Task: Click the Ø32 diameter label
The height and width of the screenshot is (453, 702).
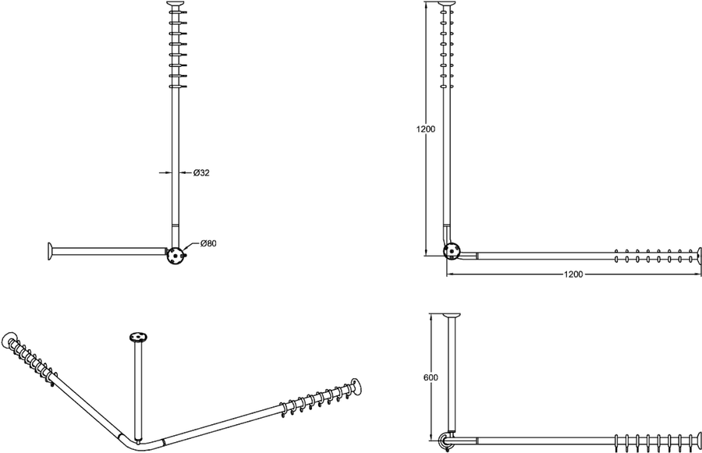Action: tap(201, 173)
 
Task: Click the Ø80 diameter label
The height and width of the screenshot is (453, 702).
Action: tap(208, 243)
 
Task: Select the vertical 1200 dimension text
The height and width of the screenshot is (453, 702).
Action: tap(425, 129)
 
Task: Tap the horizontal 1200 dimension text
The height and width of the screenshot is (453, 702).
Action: tap(573, 274)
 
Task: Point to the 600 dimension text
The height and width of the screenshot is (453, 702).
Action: tap(431, 377)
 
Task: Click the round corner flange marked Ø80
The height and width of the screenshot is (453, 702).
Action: tap(175, 256)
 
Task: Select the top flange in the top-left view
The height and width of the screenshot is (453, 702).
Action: tap(175, 5)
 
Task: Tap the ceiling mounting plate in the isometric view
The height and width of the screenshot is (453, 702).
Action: tap(138, 337)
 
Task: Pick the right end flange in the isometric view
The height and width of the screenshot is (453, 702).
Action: tap(356, 388)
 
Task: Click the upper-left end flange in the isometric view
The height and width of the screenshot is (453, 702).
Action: tap(9, 342)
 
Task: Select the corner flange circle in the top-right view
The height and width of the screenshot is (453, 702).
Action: tap(451, 251)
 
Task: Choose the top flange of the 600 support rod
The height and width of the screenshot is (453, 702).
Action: tap(452, 317)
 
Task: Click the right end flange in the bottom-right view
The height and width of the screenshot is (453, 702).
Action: tap(699, 440)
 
